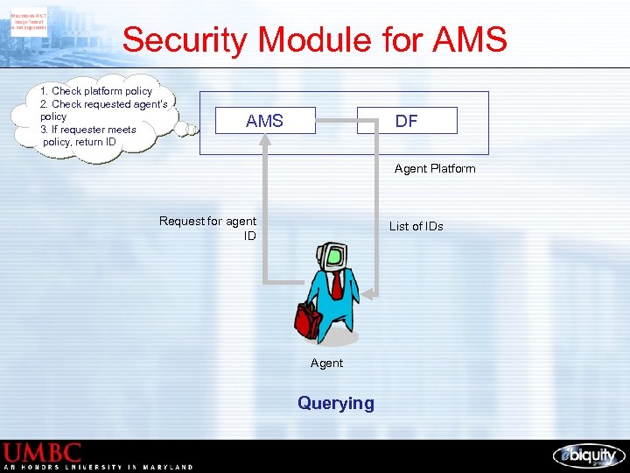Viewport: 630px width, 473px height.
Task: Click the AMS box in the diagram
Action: [x=265, y=121]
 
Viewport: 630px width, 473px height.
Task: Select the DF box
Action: [x=407, y=121]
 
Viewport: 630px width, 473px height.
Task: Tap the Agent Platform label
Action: [x=435, y=168]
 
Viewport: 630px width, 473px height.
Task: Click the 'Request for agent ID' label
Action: [x=208, y=228]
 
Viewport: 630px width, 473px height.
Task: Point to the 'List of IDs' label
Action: [x=416, y=226]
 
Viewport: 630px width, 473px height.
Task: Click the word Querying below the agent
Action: [x=335, y=403]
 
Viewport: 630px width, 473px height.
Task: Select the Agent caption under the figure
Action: [x=326, y=363]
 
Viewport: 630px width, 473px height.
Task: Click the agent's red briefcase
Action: [x=308, y=321]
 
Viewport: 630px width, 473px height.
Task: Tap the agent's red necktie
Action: [x=336, y=285]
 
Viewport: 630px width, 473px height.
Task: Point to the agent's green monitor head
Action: [x=333, y=256]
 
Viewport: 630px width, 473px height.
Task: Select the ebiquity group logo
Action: [x=589, y=455]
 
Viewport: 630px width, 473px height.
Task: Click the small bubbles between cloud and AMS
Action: [x=185, y=129]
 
